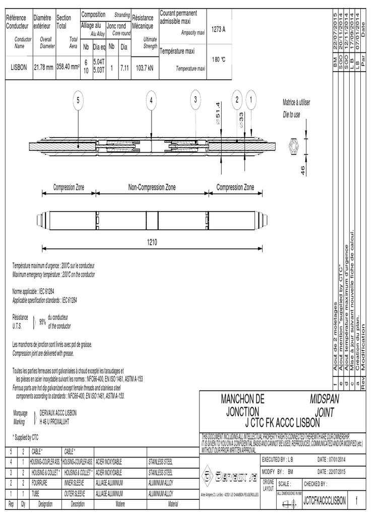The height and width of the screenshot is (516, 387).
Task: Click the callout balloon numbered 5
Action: coord(78,100)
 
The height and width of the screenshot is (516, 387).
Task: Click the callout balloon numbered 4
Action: coord(151,100)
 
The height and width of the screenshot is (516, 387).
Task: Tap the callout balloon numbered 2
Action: coord(235,100)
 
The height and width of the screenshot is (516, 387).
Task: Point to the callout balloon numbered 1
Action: coord(249,100)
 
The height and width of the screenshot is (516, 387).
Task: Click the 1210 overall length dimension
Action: coord(152,242)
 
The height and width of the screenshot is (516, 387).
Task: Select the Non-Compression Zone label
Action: coord(152,187)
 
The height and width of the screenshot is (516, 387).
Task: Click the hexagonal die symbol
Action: coord(293,148)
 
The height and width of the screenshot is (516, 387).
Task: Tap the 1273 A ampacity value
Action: coord(218,29)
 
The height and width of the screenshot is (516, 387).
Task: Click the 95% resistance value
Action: coord(43,321)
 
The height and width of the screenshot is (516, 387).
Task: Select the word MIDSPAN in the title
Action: coord(324,399)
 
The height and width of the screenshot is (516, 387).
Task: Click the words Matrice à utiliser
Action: coord(296,102)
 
